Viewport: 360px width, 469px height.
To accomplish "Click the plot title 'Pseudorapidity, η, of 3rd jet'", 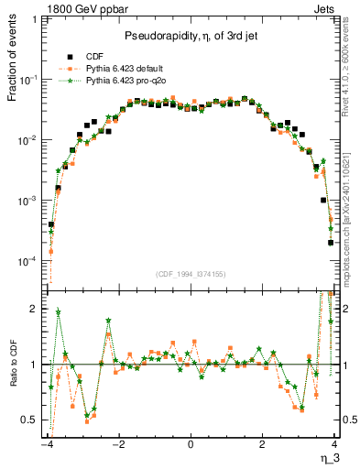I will coord(191,36).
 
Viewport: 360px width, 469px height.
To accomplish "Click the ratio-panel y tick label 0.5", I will coord(30,420).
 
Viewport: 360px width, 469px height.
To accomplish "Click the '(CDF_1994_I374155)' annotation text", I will coord(191,273).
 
